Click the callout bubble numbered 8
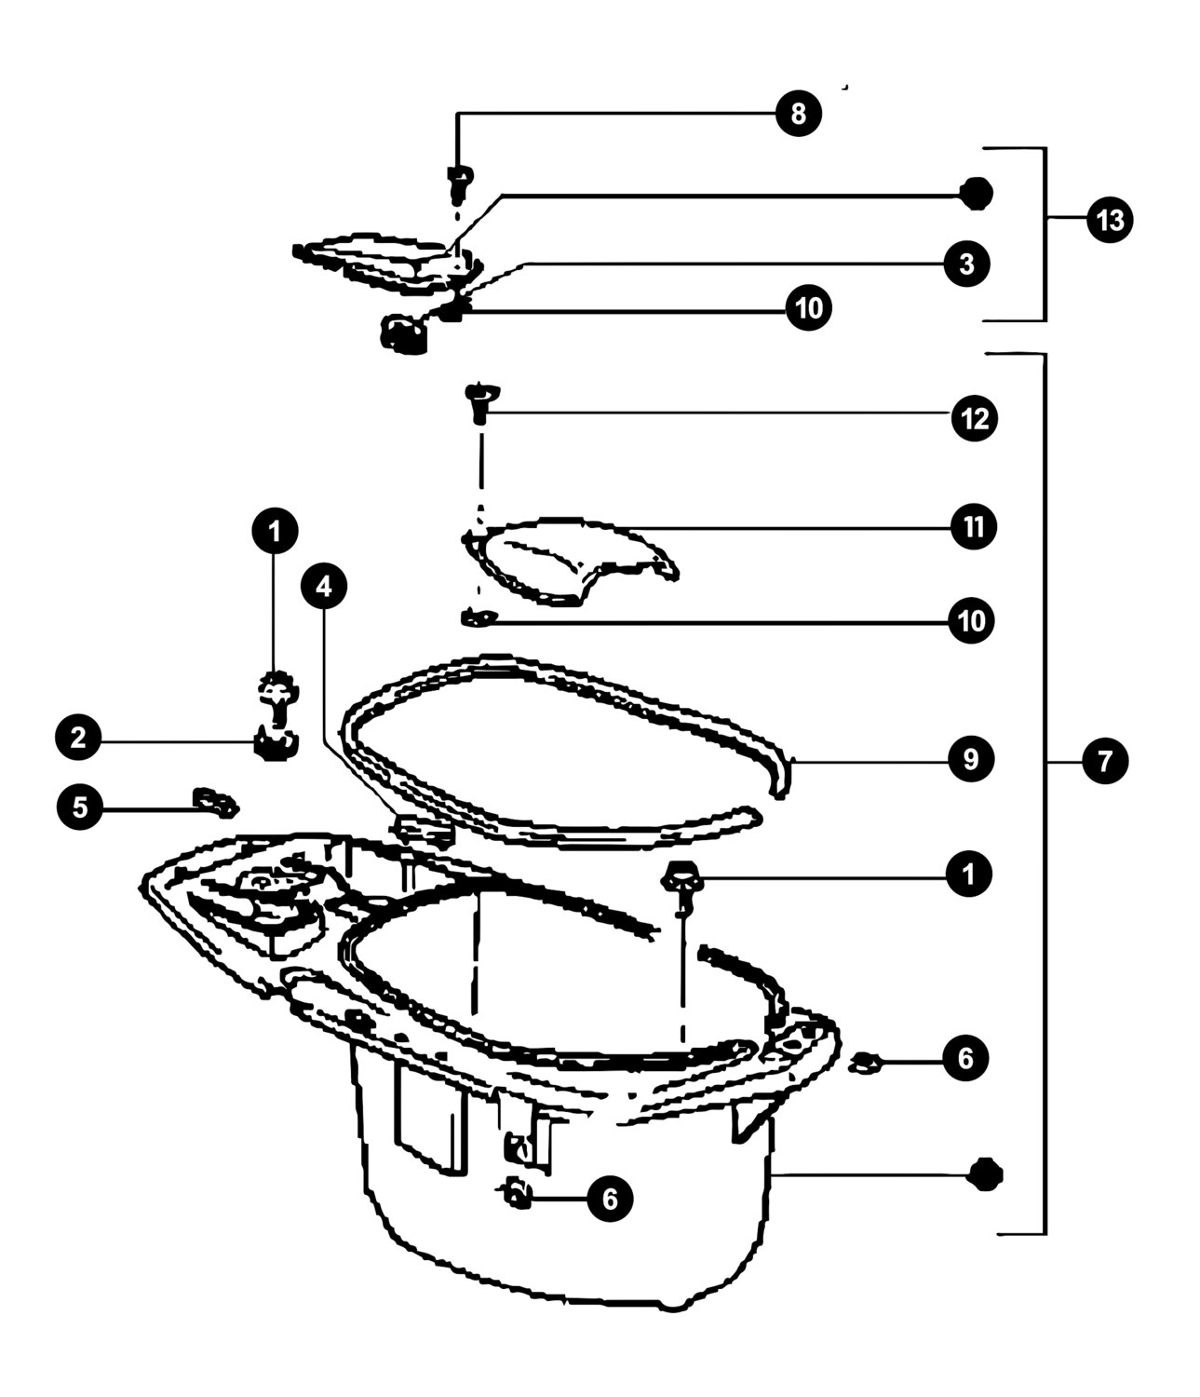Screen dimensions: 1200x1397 (x=798, y=114)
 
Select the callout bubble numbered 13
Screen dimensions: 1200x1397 (x=1110, y=220)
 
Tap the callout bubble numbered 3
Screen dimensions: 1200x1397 (x=967, y=264)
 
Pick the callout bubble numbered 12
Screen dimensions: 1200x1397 (x=975, y=418)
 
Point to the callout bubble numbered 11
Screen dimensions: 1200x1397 (x=973, y=526)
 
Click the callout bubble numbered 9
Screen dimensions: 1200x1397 (x=970, y=759)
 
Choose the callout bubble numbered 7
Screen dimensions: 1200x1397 (x=1105, y=761)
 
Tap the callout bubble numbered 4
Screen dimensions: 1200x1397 (x=324, y=587)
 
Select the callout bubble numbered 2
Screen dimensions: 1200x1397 (x=78, y=737)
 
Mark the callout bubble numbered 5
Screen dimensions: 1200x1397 (x=80, y=807)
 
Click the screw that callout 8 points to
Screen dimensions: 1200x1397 (x=460, y=183)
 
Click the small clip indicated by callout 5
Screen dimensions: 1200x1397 (x=215, y=802)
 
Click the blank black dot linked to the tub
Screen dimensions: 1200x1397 (x=985, y=1174)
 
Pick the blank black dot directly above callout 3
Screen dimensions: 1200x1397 (x=976, y=194)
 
